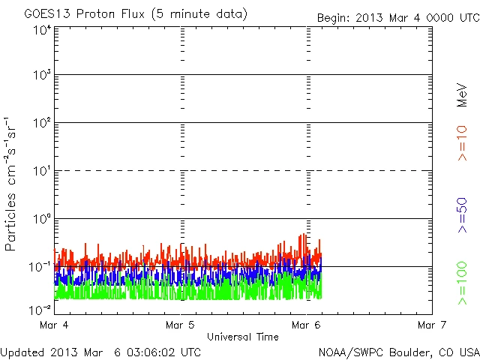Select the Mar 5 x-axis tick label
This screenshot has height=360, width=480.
181,325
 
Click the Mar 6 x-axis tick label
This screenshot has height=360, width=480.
307,325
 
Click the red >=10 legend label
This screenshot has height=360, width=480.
463,143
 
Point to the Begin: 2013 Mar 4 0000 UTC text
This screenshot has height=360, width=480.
397,16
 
